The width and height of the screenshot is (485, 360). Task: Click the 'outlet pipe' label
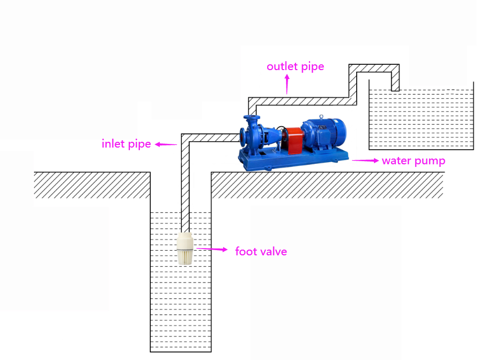click(295, 66)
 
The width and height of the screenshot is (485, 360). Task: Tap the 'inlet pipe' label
click(126, 143)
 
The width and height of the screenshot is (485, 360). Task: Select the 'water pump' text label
click(413, 161)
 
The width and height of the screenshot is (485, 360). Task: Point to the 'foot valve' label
click(261, 252)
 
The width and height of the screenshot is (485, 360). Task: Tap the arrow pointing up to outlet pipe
click(286, 84)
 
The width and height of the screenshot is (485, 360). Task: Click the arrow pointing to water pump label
click(365, 161)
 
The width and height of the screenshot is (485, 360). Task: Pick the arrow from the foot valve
click(212, 250)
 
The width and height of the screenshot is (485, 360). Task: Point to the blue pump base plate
click(293, 160)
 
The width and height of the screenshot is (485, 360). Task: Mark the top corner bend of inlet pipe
click(185, 138)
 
